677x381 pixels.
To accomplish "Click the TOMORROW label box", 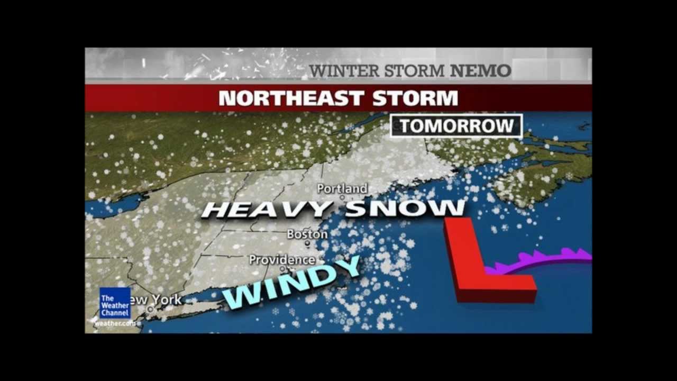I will tap(456, 126).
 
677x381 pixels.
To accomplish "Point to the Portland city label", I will tap(342, 188).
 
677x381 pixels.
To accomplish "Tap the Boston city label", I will tap(307, 234).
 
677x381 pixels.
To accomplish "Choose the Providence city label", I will tap(282, 260).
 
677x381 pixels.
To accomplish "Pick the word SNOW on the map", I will tap(405, 208).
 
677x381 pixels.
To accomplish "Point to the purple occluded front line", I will tap(545, 259).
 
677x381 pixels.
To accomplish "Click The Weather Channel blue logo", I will tap(115, 303).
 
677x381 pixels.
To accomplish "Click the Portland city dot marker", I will tap(342, 197).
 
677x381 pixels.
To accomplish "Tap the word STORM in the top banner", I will tap(423, 70).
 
